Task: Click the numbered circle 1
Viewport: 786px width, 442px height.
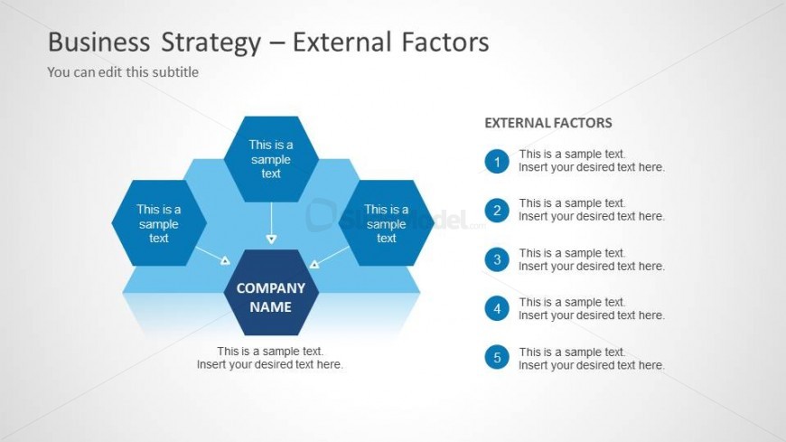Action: [x=497, y=162]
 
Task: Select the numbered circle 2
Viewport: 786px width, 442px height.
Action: [x=497, y=211]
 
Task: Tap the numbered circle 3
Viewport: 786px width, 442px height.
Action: [x=497, y=259]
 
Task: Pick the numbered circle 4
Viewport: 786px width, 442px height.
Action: [x=497, y=308]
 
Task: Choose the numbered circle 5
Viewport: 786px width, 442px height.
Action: [x=497, y=357]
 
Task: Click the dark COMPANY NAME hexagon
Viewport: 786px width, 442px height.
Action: [x=271, y=293]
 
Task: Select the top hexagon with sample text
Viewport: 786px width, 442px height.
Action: [x=271, y=159]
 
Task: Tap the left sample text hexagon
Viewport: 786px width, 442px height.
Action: [x=159, y=223]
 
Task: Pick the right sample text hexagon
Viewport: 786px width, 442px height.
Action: [x=386, y=223]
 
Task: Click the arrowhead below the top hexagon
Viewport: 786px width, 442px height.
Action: [x=271, y=240]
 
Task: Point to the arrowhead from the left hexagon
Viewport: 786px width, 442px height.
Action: [x=225, y=260]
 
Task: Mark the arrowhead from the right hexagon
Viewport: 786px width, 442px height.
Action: [x=314, y=264]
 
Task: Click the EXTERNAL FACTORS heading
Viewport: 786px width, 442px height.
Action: [x=547, y=123]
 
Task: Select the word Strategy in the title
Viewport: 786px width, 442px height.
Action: [x=211, y=42]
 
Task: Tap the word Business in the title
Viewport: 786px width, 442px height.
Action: [x=98, y=42]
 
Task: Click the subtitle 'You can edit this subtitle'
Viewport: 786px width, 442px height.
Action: [x=123, y=72]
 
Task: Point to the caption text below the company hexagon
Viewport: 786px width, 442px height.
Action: [x=270, y=358]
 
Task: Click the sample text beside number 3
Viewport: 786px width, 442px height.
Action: [x=592, y=259]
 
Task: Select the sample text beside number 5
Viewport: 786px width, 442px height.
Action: [x=592, y=358]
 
